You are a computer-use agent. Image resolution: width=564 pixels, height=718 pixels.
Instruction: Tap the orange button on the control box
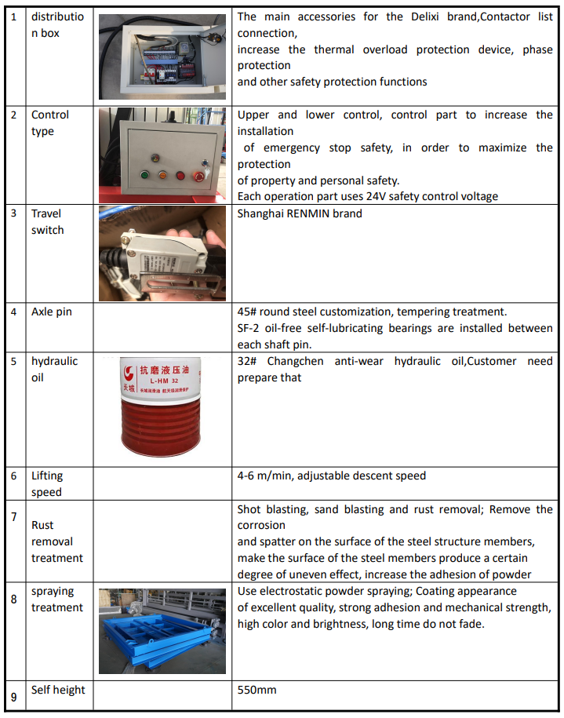162,176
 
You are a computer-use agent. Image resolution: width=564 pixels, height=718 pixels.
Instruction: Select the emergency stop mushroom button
182,176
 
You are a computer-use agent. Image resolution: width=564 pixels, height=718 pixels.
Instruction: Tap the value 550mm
257,691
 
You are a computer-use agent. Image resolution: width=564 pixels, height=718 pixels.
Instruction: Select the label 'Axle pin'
52,312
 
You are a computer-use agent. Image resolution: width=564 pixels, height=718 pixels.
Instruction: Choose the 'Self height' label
58,690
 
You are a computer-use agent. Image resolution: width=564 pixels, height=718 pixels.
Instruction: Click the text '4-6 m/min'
264,476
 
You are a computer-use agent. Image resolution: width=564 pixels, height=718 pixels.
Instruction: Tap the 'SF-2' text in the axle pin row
250,328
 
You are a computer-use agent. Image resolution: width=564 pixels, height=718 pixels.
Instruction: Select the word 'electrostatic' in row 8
295,591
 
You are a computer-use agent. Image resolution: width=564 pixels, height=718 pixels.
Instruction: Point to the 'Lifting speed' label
47,483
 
